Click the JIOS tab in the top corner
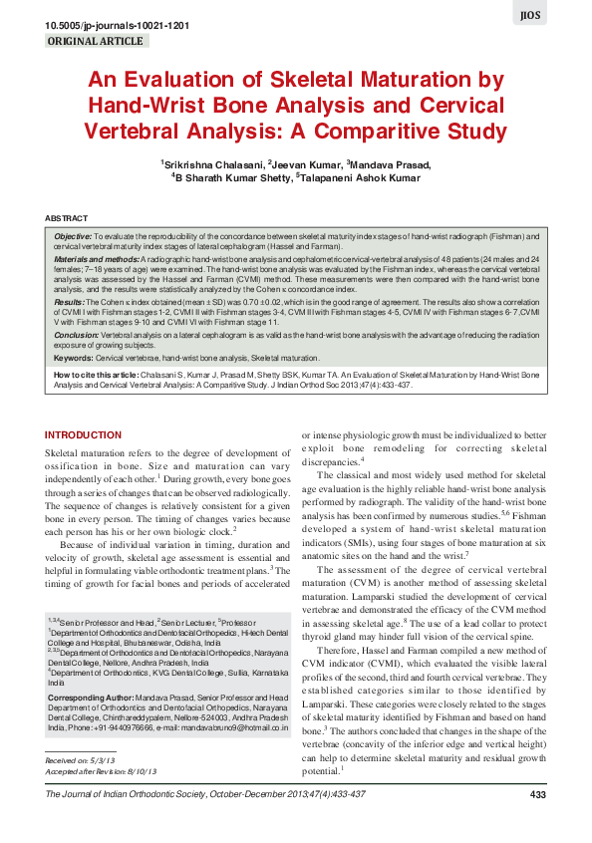click(x=558, y=16)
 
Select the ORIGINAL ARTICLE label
click(x=97, y=42)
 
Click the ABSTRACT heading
click(x=66, y=217)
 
